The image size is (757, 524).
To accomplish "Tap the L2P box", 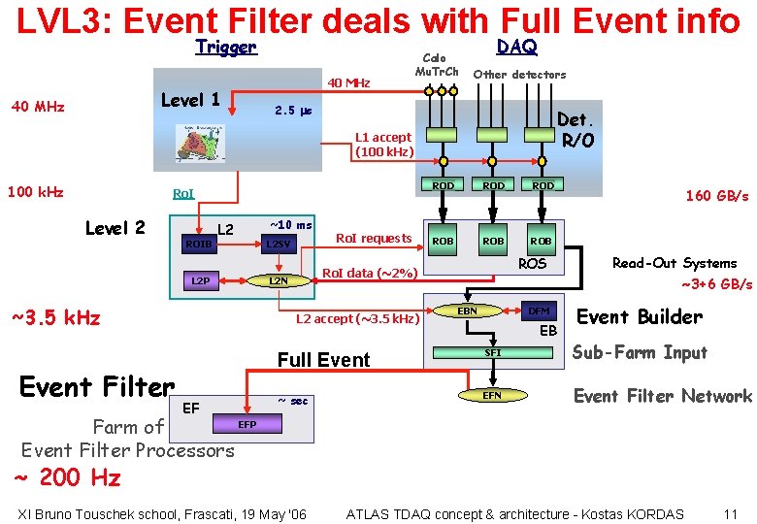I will pos(200,281).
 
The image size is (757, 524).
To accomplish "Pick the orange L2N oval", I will pos(279,281).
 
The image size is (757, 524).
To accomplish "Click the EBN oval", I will pos(467,311).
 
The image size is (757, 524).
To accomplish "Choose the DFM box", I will pos(539,311).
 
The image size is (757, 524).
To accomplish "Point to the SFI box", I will pos(493,353).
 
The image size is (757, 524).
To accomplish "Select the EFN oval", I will pos(492,395).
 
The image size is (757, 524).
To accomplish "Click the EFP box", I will pos(247,424).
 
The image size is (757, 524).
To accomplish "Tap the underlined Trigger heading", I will pos(225,47).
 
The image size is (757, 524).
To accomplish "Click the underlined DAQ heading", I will pos(516,47).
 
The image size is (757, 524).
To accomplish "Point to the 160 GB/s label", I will pos(716,196).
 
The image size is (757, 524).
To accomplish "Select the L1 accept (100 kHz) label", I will pos(384,145).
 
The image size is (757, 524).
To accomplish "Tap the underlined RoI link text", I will pos(182,194).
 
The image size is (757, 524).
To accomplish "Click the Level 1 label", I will pos(190,100).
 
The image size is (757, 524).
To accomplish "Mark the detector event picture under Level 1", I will pos(200,143).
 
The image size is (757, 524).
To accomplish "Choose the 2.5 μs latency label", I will pos(292,111).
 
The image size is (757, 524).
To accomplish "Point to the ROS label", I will pos(533,264).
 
